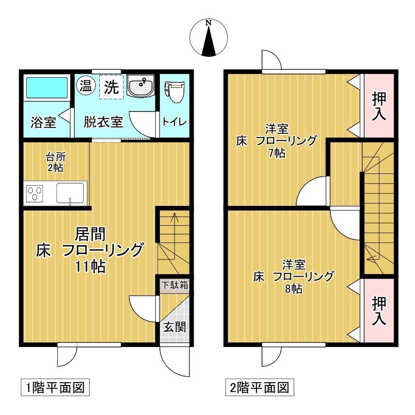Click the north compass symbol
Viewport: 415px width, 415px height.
point(208,37)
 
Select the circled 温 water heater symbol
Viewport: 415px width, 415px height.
point(85,85)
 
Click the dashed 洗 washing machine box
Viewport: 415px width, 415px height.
point(111,87)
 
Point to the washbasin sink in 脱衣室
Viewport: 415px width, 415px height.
point(140,87)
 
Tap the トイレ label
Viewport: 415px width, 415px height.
point(174,122)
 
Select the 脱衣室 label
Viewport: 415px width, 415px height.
point(103,123)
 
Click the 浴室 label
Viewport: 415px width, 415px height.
point(43,123)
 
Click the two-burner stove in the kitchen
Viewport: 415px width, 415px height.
point(35,192)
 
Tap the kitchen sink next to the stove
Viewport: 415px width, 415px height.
point(70,192)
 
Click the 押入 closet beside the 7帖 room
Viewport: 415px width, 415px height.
point(379,105)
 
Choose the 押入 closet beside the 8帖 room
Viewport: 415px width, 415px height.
point(379,311)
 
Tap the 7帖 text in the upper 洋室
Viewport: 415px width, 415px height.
point(276,153)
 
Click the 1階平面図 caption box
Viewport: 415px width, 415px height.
point(54,387)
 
